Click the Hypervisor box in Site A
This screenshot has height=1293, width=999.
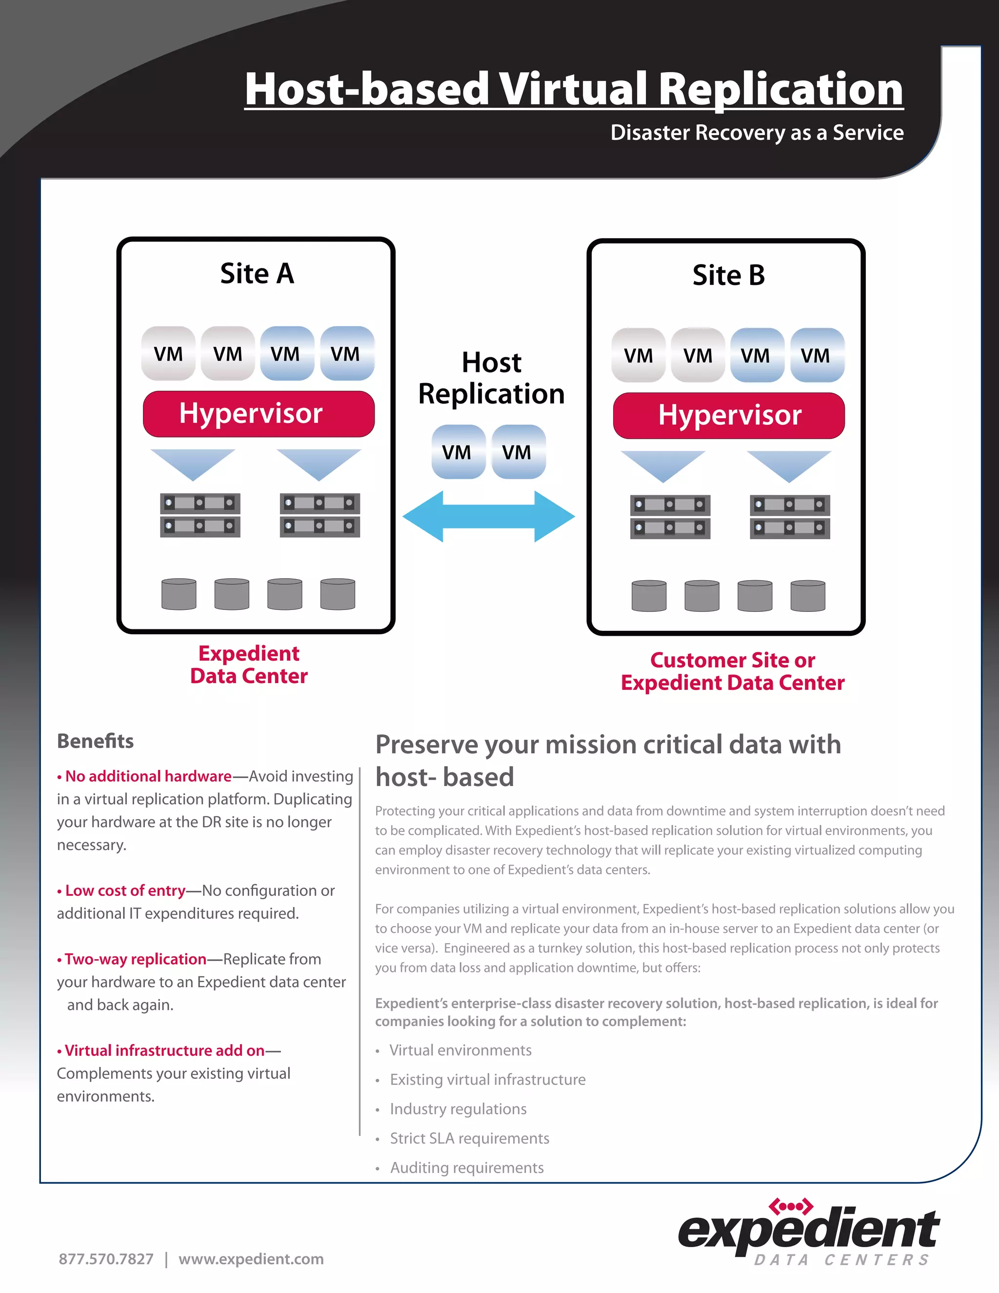click(x=259, y=414)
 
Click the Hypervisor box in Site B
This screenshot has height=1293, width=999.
click(x=729, y=416)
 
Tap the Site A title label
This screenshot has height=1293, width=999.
click(x=257, y=274)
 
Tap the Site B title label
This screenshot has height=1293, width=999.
click(x=729, y=276)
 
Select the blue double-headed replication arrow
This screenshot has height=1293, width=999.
click(x=488, y=516)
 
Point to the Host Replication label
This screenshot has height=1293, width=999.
click(x=491, y=378)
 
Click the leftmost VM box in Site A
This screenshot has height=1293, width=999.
click(x=168, y=353)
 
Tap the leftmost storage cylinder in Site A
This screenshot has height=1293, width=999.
click(x=179, y=594)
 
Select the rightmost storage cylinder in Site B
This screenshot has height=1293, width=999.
click(x=807, y=596)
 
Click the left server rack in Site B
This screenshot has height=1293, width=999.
click(x=670, y=517)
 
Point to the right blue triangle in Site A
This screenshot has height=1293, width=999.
click(x=319, y=464)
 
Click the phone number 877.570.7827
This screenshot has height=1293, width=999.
click(x=106, y=1259)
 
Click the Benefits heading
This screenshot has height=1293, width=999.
click(x=95, y=741)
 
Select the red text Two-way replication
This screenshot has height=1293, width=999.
click(x=136, y=959)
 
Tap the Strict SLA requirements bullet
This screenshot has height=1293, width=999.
click(x=469, y=1138)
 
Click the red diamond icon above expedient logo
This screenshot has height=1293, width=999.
click(x=791, y=1207)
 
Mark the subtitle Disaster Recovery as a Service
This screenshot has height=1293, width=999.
click(x=757, y=133)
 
